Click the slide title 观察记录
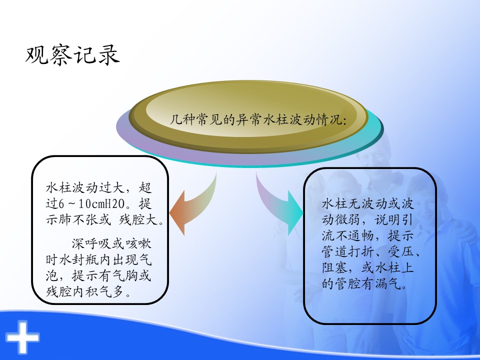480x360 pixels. point(72,55)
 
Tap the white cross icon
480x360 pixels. point(22,337)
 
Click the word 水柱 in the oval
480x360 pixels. point(276,119)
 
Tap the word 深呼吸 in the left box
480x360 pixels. point(91,243)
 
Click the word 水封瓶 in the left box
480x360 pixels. point(79,259)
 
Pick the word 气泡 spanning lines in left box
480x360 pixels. point(98,268)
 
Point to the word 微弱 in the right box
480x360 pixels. point(348,219)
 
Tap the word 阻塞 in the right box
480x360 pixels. point(335,267)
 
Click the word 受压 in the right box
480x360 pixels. point(400,251)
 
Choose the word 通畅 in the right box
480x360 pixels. point(361,235)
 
